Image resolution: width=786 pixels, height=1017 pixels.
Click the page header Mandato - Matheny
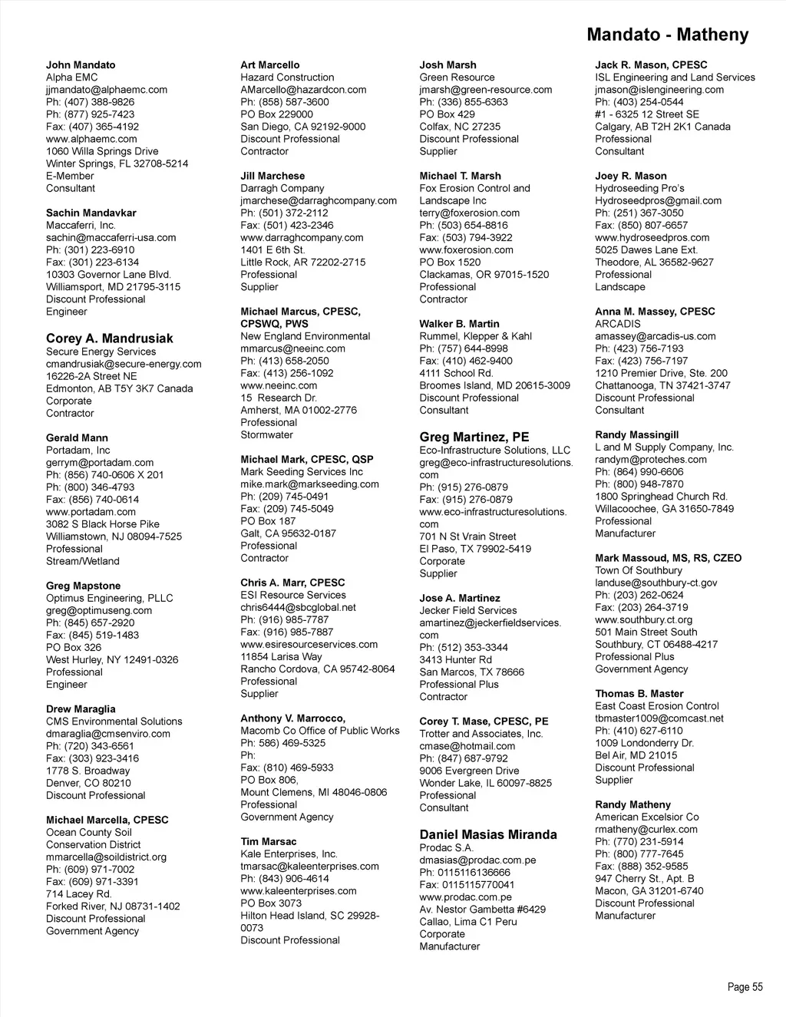coord(666,35)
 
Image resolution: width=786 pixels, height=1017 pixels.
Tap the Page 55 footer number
coord(745,987)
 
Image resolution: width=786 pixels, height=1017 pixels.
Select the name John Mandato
coord(81,65)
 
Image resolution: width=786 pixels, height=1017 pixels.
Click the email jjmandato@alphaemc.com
coord(107,90)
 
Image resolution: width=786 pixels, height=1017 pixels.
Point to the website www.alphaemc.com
coord(91,139)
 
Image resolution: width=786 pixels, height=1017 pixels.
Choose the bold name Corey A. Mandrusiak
coord(109,338)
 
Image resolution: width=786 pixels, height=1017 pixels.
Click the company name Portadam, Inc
coord(78,451)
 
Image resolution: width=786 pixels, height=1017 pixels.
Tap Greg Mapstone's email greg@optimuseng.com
coord(99,610)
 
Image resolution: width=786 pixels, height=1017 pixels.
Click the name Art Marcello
coord(270,65)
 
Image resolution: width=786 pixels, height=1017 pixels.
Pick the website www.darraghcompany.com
coord(302,237)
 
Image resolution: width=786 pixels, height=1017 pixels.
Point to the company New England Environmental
coord(305,336)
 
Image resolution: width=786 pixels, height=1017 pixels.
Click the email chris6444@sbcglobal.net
coord(298,607)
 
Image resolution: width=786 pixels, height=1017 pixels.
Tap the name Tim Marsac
coord(269,841)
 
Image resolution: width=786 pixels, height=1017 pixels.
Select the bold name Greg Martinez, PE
coord(474,438)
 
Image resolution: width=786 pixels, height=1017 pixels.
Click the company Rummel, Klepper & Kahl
coord(475,336)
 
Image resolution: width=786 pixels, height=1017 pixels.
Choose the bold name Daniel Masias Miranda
coord(488,834)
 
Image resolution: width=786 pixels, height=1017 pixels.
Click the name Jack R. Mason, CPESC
coord(651,65)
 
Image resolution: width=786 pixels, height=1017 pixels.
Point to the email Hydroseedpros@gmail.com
coord(658,200)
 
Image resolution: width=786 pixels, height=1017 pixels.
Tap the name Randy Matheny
coord(632,804)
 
